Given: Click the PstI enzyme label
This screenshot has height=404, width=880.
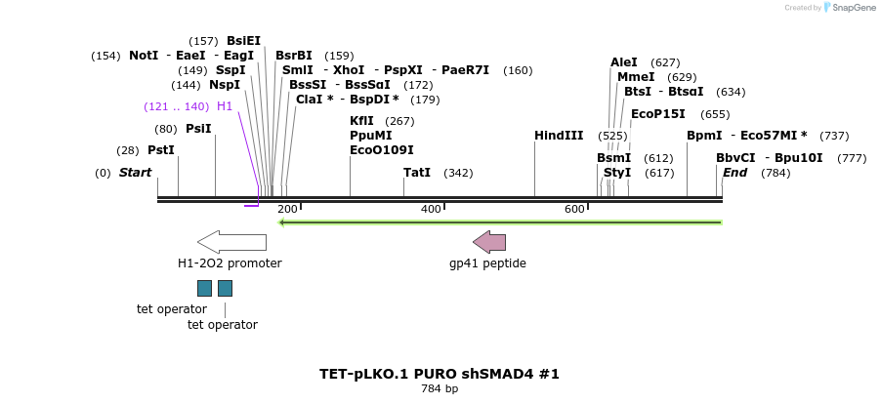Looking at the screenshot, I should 160,150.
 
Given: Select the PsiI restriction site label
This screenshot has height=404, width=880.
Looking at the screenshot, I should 198,129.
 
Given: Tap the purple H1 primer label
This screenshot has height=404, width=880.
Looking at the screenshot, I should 225,106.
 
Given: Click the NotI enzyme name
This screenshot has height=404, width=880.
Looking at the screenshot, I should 144,56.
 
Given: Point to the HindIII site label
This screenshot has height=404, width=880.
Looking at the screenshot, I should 559,136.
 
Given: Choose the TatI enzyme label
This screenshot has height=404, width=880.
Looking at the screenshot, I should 417,173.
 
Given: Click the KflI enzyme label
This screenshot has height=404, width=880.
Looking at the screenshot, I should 361,121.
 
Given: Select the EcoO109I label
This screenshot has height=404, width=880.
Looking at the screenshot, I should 382,150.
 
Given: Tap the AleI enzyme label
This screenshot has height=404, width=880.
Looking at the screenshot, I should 624,62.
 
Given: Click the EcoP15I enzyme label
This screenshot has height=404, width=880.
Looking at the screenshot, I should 658,114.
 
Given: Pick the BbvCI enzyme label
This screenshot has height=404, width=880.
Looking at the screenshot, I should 735,158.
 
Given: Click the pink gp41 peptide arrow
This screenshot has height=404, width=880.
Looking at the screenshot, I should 489,242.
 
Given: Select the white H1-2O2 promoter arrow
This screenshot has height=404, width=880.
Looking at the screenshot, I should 231,241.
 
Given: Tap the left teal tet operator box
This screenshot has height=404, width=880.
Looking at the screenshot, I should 204,288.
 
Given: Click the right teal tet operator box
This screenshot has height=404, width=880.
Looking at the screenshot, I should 225,288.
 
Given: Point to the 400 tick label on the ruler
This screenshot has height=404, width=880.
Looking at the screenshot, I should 431,210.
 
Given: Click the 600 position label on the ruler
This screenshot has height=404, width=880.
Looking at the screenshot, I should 574,210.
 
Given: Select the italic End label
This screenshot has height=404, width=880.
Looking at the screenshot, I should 734,173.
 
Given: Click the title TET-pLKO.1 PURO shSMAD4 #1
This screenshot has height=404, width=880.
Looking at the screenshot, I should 440,374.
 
